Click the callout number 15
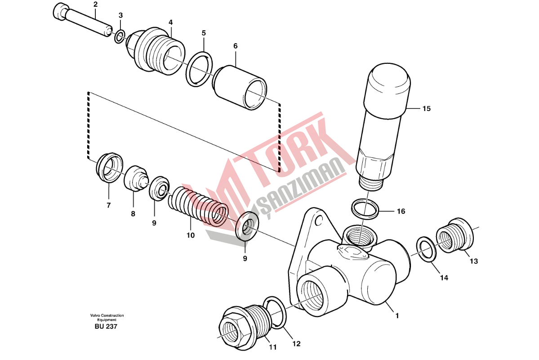426,109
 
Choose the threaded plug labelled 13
454,236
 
